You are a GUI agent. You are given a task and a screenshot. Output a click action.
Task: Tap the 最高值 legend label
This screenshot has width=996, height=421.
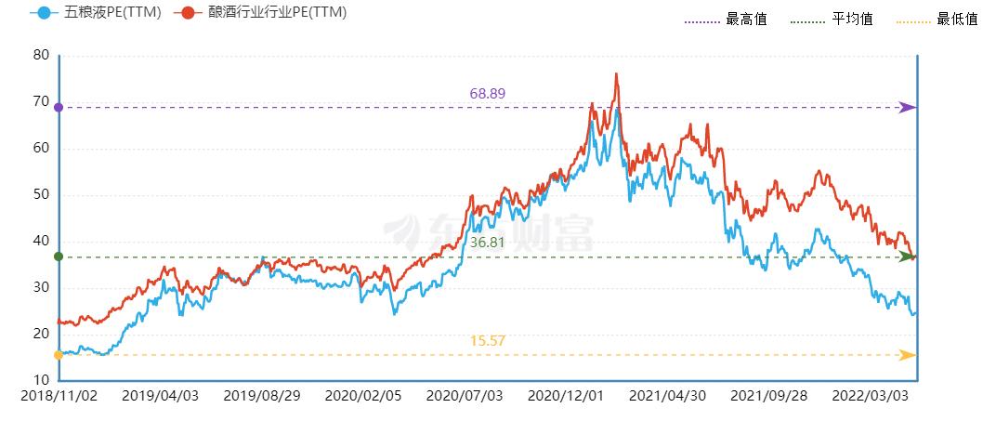[x=746, y=19]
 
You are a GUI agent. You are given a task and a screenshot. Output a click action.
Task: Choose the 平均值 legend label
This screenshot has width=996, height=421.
[x=852, y=19]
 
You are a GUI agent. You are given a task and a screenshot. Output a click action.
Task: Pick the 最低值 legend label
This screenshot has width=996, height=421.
[x=958, y=19]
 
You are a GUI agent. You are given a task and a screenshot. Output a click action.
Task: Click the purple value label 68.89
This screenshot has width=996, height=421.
[x=488, y=94]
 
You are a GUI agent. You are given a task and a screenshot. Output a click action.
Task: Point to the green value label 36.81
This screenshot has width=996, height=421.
[x=487, y=242]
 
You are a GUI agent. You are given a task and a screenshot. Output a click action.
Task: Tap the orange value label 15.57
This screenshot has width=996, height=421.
[x=488, y=341]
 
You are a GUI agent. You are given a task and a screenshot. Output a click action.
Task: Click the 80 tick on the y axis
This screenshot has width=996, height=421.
[x=41, y=55]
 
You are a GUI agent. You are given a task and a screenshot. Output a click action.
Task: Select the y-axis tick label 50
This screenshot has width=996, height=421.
[x=41, y=194]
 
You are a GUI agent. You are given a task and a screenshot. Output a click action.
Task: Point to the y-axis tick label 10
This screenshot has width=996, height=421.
[x=41, y=380]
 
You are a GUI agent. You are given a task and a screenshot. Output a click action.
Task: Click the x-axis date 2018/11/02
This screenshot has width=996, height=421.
[x=59, y=396]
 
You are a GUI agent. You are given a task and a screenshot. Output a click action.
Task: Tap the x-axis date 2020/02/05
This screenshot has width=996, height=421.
[x=364, y=396]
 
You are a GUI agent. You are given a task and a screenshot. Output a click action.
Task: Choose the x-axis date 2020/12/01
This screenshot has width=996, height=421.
[x=566, y=396]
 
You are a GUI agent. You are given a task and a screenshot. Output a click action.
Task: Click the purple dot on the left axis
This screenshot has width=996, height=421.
[x=59, y=108]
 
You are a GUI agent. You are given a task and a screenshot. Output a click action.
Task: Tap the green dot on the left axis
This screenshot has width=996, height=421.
[x=59, y=257]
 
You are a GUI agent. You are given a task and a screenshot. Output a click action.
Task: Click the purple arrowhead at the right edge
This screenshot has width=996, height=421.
[x=909, y=108]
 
